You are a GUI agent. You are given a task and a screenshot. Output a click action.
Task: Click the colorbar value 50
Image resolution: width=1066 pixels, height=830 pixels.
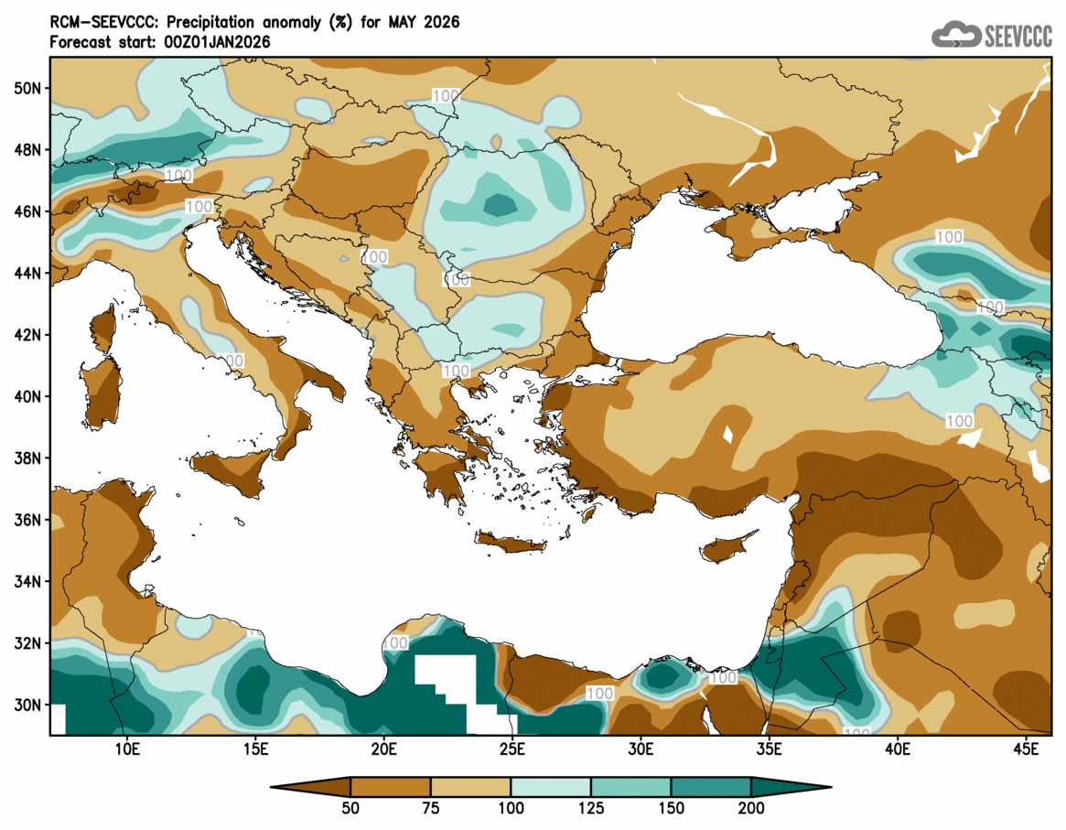[x=350, y=808]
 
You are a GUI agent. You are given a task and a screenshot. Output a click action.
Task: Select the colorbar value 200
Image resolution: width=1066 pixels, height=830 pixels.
[x=751, y=808]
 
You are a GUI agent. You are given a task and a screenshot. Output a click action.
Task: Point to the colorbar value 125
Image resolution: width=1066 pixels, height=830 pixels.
[x=591, y=808]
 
